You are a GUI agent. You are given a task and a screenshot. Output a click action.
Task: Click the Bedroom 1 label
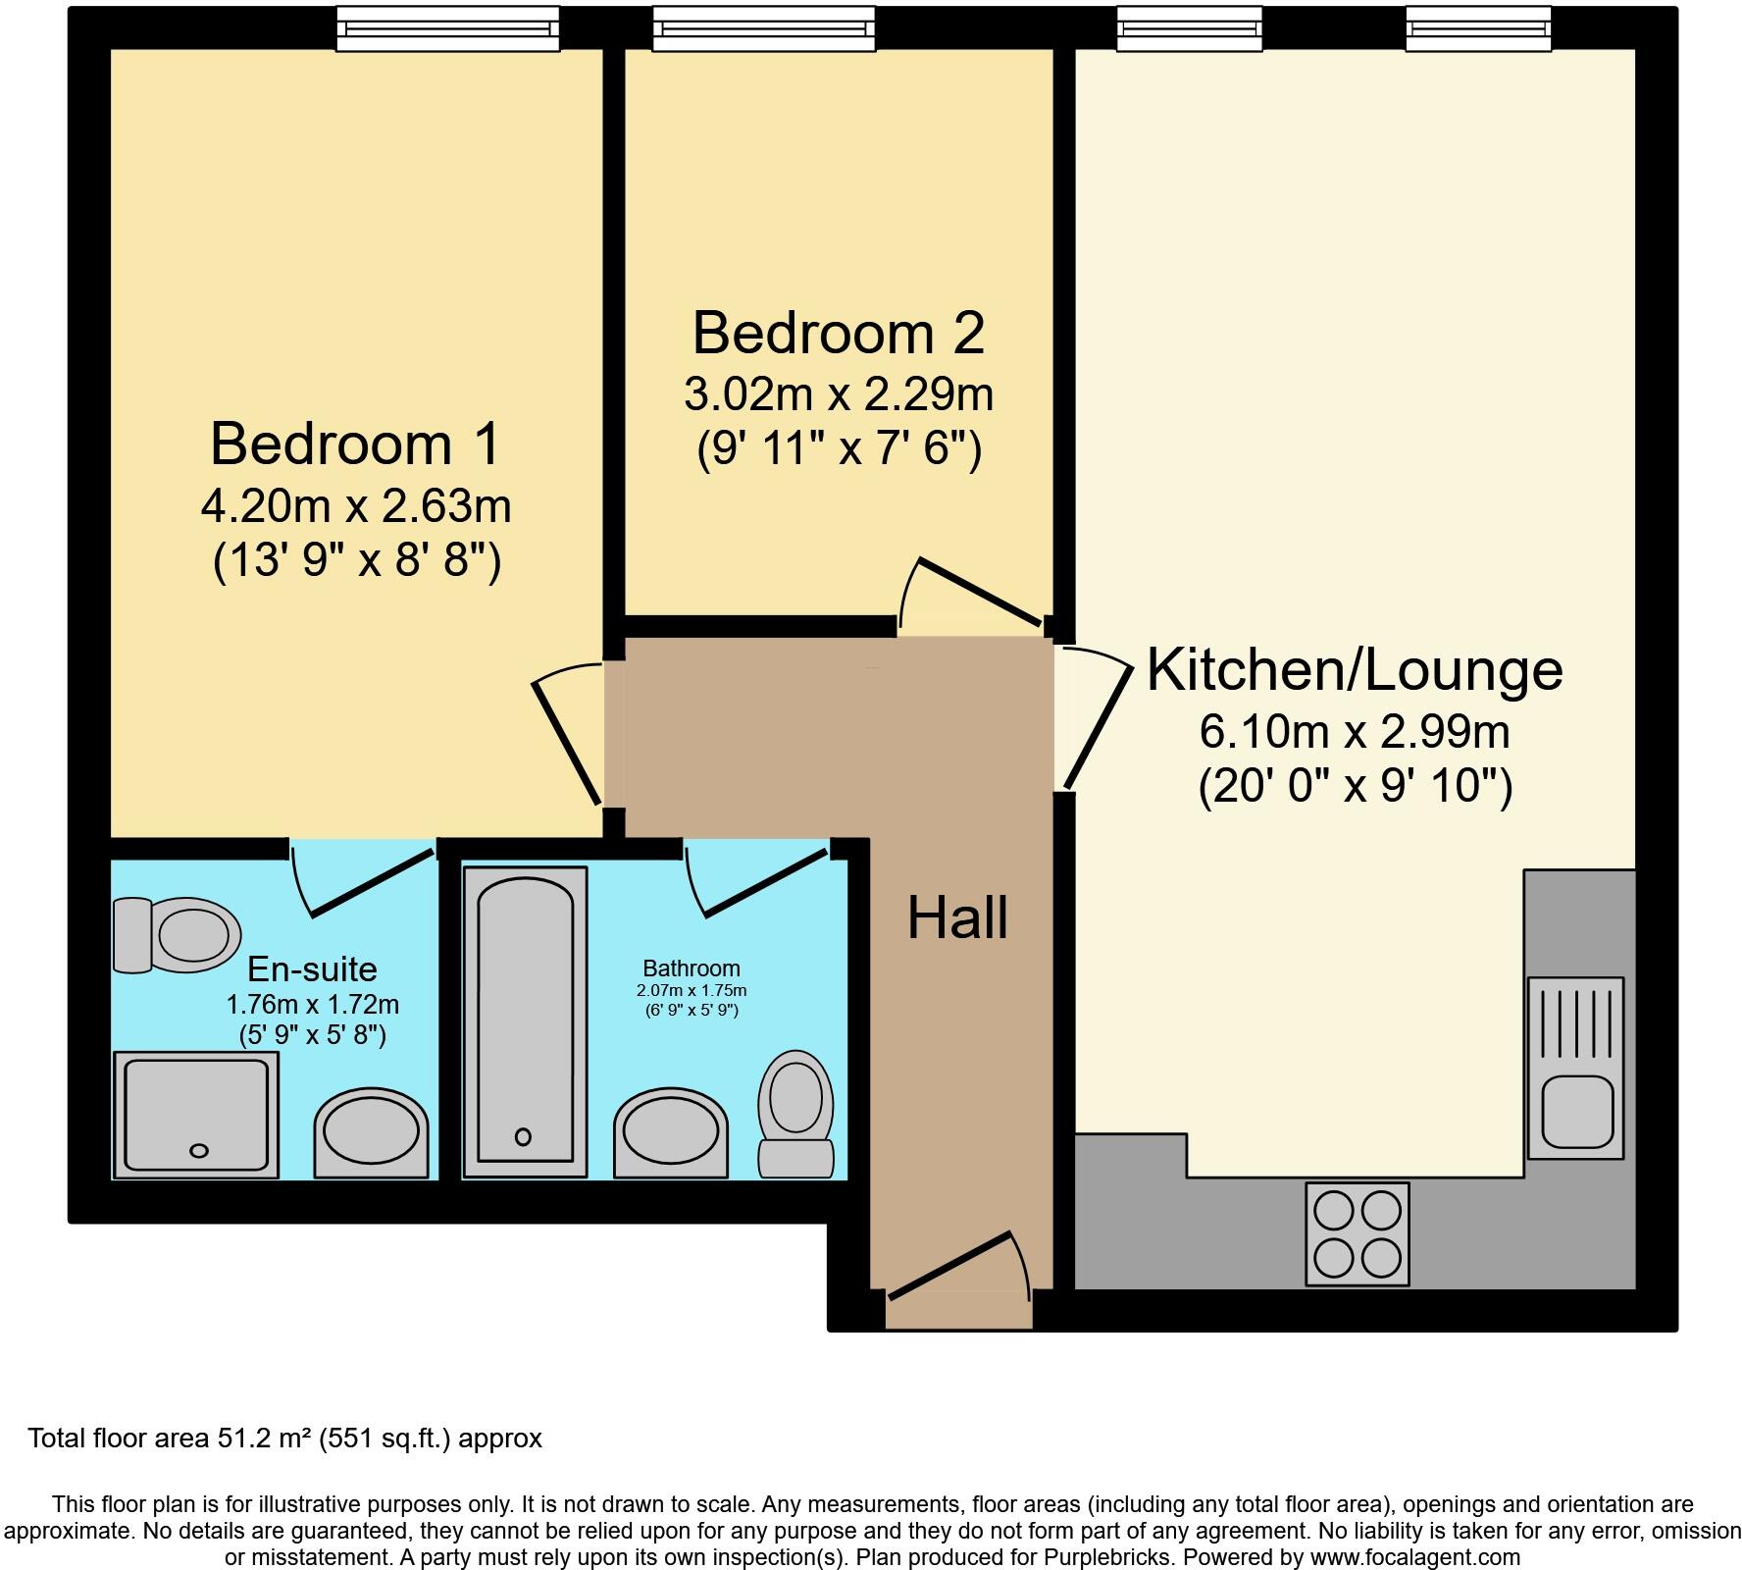[x=355, y=444]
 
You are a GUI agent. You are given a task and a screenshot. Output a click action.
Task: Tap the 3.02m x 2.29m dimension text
[x=838, y=394]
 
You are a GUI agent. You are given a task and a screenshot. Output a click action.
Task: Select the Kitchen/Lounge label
[x=1355, y=670]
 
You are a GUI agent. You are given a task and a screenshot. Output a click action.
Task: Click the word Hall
[x=957, y=919]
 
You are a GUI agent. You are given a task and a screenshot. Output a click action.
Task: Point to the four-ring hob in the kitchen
[x=1357, y=1233]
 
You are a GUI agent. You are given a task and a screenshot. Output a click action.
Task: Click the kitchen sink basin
[x=1576, y=1111]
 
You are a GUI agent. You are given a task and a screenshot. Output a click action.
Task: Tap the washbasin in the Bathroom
[x=671, y=1133]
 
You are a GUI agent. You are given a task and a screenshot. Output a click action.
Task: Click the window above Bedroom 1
[x=448, y=29]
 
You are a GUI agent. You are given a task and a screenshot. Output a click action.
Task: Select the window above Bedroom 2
[x=763, y=29]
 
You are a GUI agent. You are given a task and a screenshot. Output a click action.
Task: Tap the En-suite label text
[x=312, y=969]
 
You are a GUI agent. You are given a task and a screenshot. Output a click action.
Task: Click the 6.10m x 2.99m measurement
[x=1355, y=732]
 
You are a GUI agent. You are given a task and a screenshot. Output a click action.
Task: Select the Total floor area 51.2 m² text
[x=284, y=1439]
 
